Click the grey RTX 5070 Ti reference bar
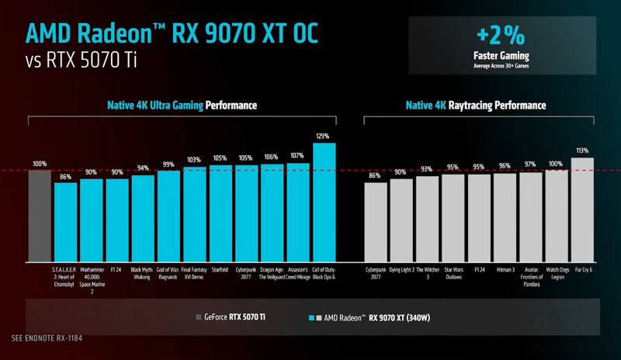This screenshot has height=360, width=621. (40, 216)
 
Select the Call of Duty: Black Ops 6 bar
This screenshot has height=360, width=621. (324, 202)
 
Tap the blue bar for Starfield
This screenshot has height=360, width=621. (220, 213)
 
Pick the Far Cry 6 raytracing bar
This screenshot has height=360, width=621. (582, 210)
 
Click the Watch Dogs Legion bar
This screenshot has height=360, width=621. (557, 216)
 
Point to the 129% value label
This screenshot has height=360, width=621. (322, 137)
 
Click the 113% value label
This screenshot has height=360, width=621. (582, 151)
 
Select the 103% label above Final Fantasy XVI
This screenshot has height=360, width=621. (194, 160)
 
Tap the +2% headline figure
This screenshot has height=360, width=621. (501, 36)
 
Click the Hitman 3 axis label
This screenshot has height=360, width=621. (506, 270)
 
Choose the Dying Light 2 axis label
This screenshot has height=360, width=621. (401, 270)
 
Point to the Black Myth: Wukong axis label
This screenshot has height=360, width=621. (142, 273)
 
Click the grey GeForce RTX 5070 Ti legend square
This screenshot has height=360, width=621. (199, 317)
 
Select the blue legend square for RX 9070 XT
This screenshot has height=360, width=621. (311, 317)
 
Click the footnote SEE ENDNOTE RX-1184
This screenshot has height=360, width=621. (47, 338)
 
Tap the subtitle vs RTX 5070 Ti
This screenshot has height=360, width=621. (82, 61)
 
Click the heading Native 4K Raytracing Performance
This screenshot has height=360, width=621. (476, 106)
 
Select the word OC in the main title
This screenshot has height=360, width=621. (305, 33)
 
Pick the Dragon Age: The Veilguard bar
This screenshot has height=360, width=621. (272, 213)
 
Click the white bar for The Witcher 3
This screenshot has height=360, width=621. (428, 219)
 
